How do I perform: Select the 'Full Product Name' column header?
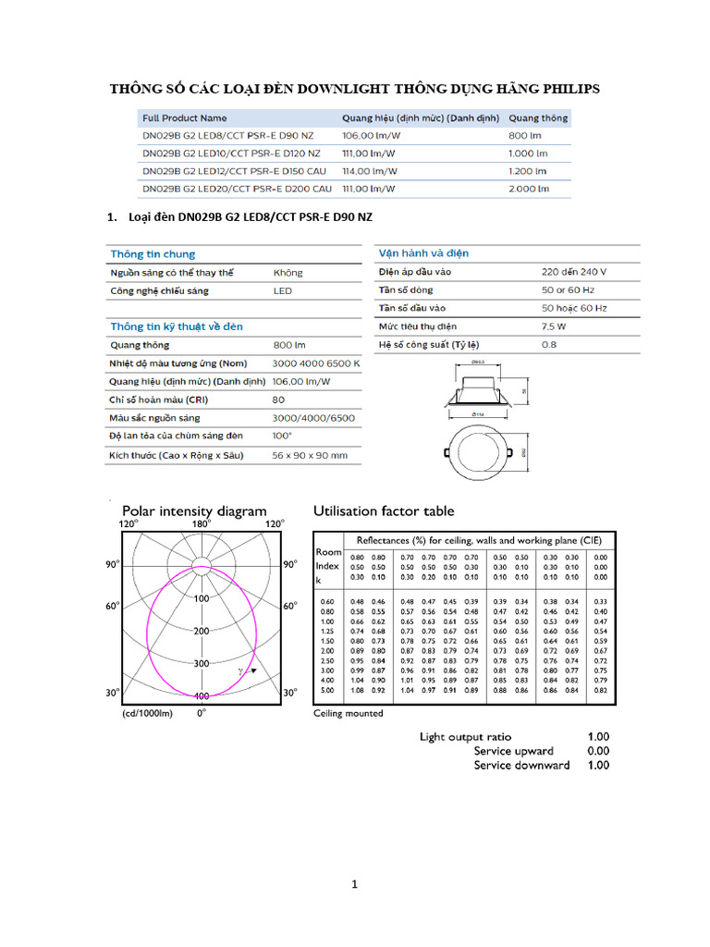[184, 118]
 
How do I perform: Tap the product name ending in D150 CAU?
[236, 171]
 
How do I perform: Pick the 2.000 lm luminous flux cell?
[529, 189]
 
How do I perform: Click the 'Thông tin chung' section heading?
[153, 254]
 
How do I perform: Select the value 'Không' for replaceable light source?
[288, 273]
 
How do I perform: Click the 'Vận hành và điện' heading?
[423, 253]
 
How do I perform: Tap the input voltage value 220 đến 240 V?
[574, 272]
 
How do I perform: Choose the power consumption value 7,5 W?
[556, 326]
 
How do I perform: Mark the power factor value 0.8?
[549, 344]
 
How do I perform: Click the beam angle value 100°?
[282, 436]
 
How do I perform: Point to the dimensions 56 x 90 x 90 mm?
[310, 455]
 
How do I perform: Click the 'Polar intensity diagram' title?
[194, 510]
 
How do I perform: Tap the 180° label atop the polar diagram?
[202, 524]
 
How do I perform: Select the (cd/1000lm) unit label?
[147, 713]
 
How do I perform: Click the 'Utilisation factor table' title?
[384, 510]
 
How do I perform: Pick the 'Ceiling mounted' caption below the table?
[349, 713]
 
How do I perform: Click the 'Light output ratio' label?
[465, 737]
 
